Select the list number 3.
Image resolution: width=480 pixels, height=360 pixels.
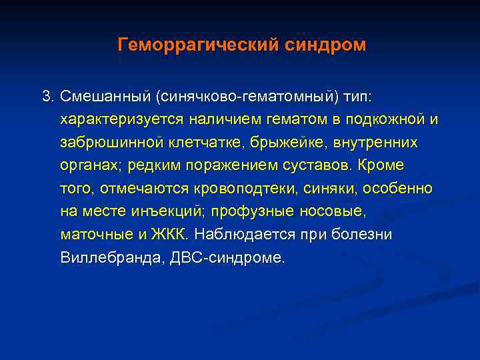pyautogui.click(x=47, y=97)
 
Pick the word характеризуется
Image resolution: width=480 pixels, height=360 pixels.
pyautogui.click(x=117, y=120)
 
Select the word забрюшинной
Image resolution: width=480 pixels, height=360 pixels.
pyautogui.click(x=111, y=143)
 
